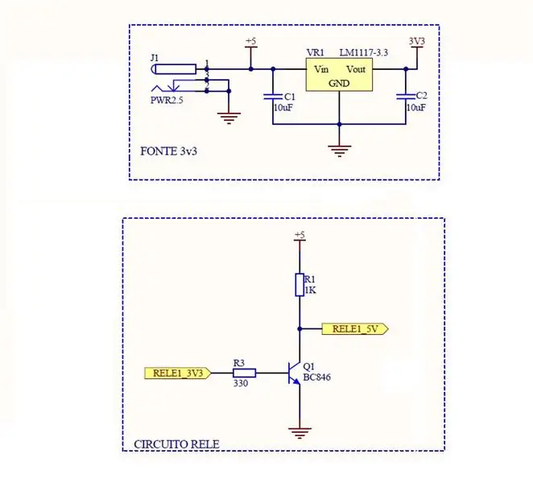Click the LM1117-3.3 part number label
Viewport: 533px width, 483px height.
364,52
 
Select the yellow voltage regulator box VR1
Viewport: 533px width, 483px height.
339,74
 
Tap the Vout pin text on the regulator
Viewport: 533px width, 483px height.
356,69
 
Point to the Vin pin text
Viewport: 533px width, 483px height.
321,69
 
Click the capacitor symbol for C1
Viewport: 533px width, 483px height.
273,97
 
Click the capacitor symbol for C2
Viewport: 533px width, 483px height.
406,97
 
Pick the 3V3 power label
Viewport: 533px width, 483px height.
417,41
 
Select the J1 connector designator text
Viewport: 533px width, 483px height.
155,58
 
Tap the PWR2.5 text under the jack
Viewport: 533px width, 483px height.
167,101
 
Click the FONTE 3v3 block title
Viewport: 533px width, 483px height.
168,151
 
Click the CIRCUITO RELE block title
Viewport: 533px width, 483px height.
177,444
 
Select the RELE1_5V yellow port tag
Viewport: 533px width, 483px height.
355,329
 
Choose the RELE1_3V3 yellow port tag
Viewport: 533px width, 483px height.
178,374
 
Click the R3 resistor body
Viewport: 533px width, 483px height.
245,374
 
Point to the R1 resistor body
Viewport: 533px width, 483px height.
300,285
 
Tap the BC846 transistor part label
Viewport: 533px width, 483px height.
316,378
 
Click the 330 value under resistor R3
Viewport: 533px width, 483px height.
241,383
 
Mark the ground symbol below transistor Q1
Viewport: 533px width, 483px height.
300,433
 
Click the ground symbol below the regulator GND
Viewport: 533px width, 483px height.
339,151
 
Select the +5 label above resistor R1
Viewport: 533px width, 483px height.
300,234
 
